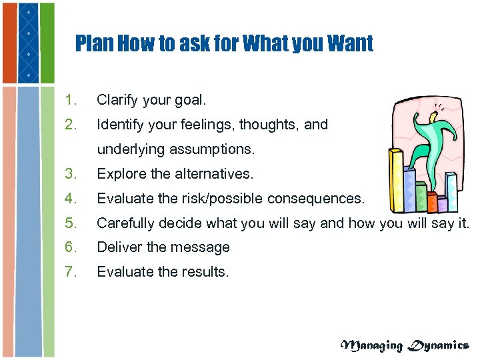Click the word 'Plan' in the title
[94, 44]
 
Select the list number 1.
[71, 101]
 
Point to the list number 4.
[71, 198]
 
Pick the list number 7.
[71, 271]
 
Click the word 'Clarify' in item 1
[117, 101]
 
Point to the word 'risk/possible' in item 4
[223, 198]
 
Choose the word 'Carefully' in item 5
[125, 223]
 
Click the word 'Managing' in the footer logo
[372, 345]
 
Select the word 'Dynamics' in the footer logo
[439, 345]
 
